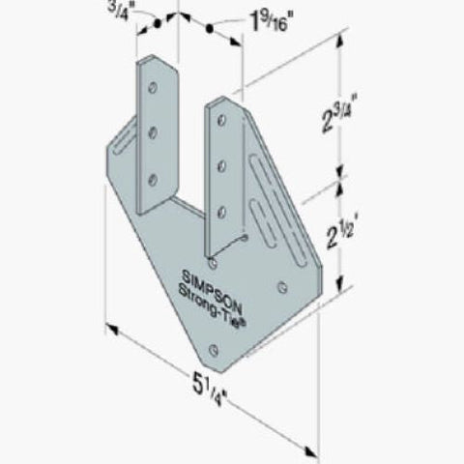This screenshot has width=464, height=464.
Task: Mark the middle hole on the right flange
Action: pyautogui.click(x=220, y=165)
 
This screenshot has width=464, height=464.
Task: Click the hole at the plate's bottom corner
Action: pyautogui.click(x=228, y=356)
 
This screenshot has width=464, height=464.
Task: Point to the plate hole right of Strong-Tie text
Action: pyautogui.click(x=281, y=286)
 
